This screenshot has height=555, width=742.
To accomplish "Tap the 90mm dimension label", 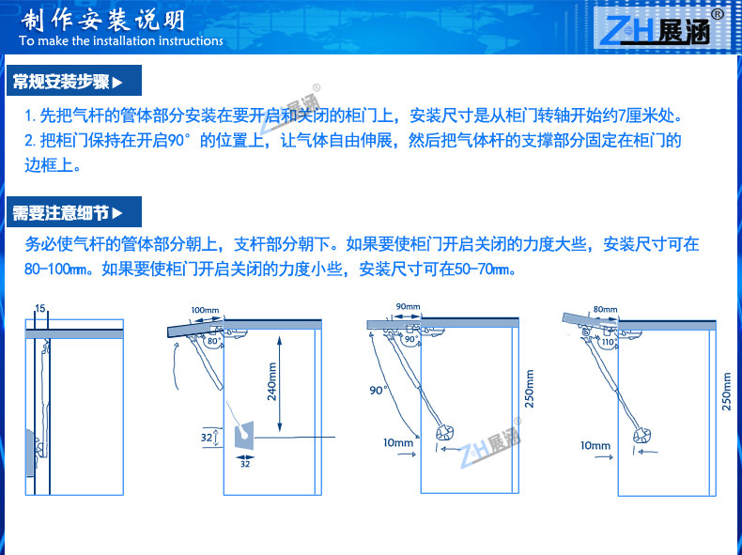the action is click(x=408, y=307).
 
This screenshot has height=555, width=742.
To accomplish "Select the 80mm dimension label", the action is click(x=605, y=309).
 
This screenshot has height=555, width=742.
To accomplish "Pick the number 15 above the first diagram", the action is click(x=39, y=308).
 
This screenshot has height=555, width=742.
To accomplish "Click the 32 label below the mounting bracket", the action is click(x=245, y=464).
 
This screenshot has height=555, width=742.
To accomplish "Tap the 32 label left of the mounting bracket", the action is click(x=208, y=437).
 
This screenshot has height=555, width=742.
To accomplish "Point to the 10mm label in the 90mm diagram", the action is click(x=398, y=442).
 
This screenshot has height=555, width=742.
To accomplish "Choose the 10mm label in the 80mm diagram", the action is click(x=595, y=445).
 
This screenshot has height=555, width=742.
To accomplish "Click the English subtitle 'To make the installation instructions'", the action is click(x=120, y=41).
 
